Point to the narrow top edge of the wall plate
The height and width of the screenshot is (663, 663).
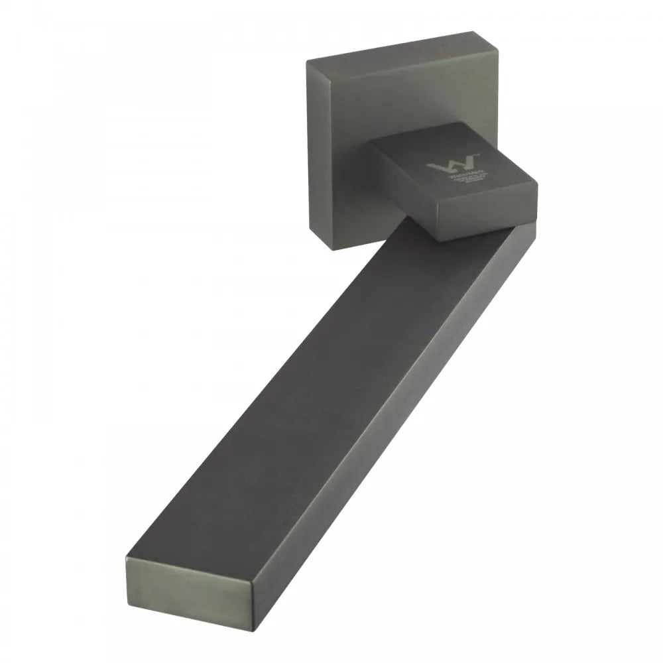pos(398,62)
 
